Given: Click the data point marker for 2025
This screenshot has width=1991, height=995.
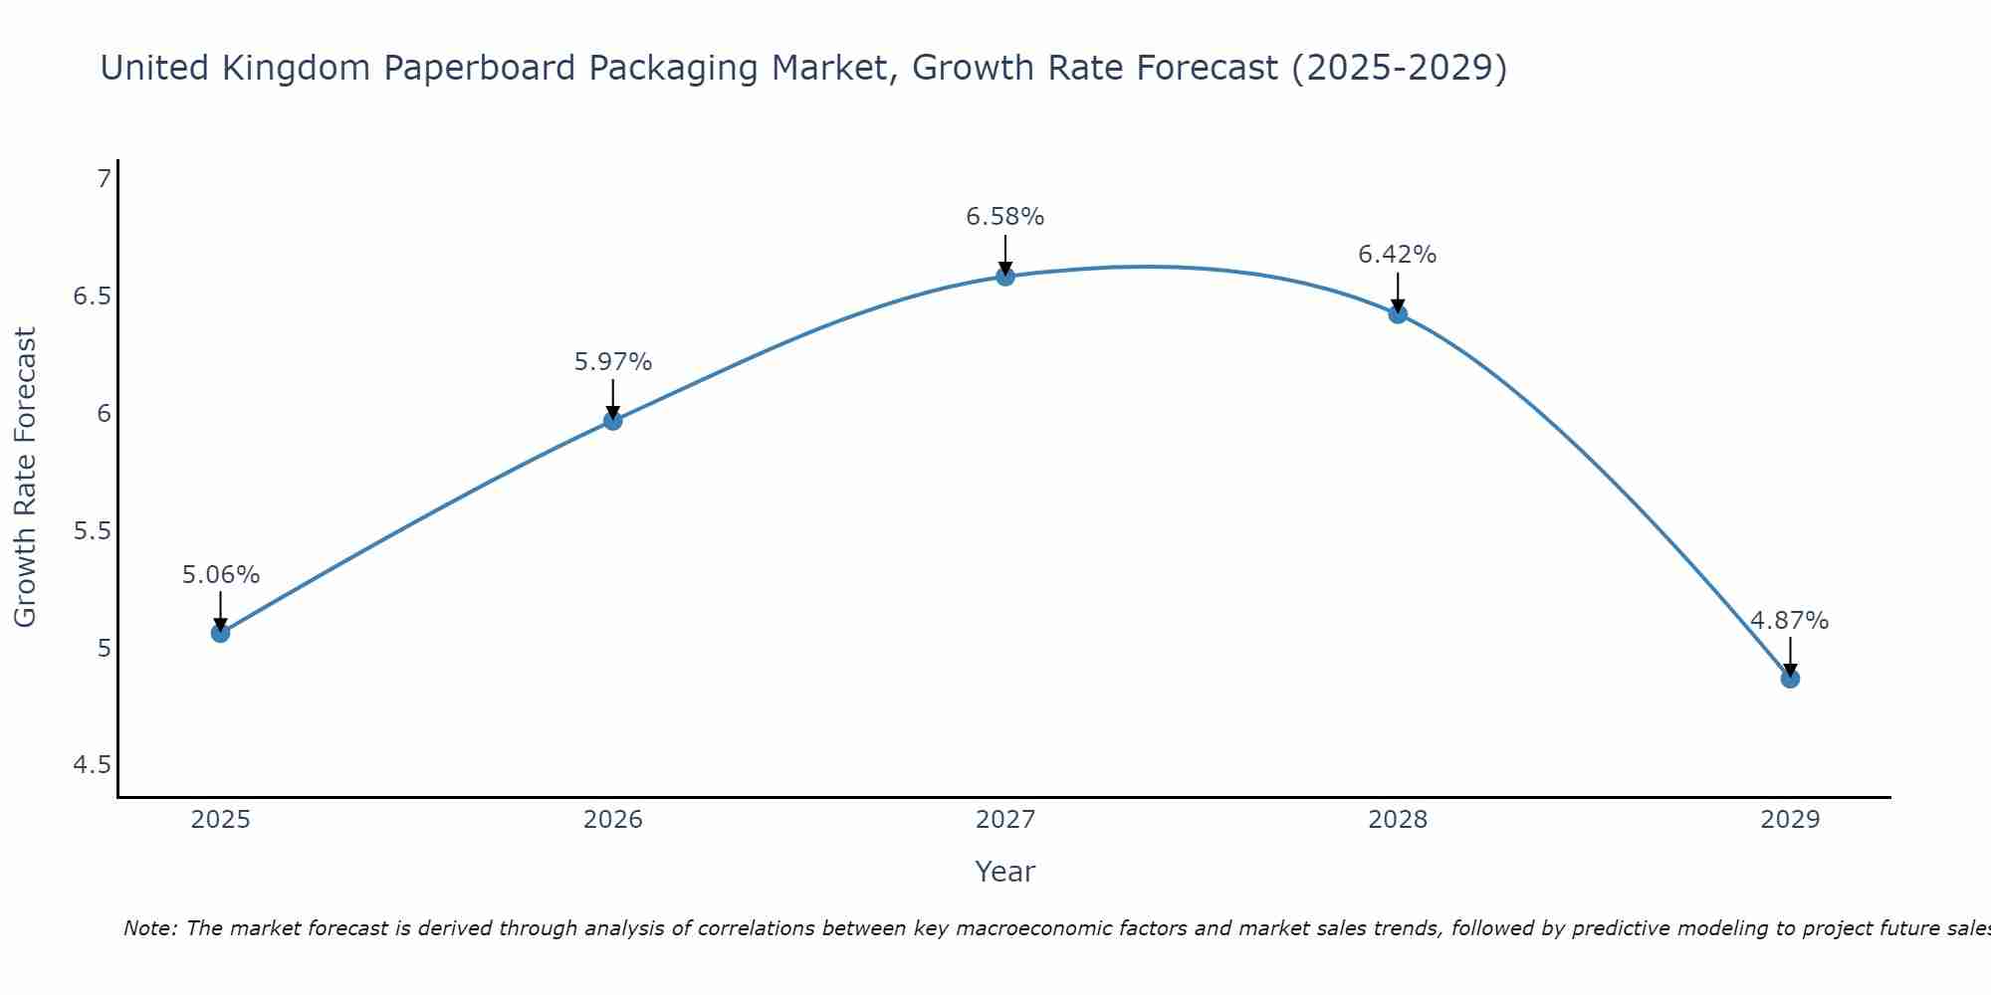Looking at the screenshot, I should pos(220,633).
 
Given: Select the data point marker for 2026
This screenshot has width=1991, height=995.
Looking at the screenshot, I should pos(612,420).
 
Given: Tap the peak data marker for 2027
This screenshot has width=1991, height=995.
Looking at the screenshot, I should pos(1005,277).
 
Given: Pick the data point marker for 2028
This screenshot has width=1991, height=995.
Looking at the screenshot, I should pos(1398,314).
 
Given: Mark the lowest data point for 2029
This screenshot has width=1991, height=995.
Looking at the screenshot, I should pos(1790,679).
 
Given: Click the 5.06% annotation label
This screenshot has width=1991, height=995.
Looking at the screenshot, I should pos(221,575).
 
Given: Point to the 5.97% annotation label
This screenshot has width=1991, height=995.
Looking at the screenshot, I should pos(613,362).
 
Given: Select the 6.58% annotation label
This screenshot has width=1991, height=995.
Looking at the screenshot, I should pos(1005,217).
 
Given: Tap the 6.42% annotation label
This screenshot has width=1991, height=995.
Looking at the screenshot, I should pos(1398,255).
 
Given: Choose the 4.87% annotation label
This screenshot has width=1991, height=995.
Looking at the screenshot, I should pos(1790,621).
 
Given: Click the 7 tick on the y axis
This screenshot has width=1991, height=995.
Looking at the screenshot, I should pos(104,179).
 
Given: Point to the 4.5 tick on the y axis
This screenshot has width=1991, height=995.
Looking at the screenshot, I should pos(93,765).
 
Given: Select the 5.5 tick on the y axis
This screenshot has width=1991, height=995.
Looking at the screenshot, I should pos(93,530).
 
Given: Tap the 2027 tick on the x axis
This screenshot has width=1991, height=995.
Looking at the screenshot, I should pos(1005,820).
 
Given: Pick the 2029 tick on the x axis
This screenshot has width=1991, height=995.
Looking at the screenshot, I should pos(1790,820).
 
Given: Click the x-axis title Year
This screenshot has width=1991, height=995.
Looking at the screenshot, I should pos(1005,872).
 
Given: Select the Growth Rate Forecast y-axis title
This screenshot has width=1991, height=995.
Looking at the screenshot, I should pos(26,478).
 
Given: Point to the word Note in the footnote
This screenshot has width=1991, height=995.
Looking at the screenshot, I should pos(149,928).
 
